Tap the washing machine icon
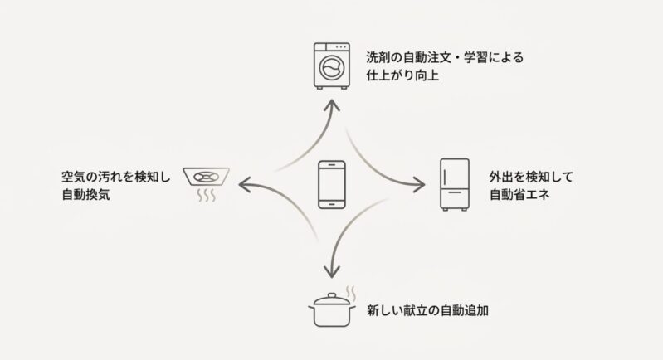(x=332, y=64)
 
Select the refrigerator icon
(x=454, y=184)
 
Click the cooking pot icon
(x=331, y=311)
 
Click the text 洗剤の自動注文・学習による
(x=445, y=59)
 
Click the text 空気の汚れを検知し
(x=115, y=178)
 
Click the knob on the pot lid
(x=331, y=294)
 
